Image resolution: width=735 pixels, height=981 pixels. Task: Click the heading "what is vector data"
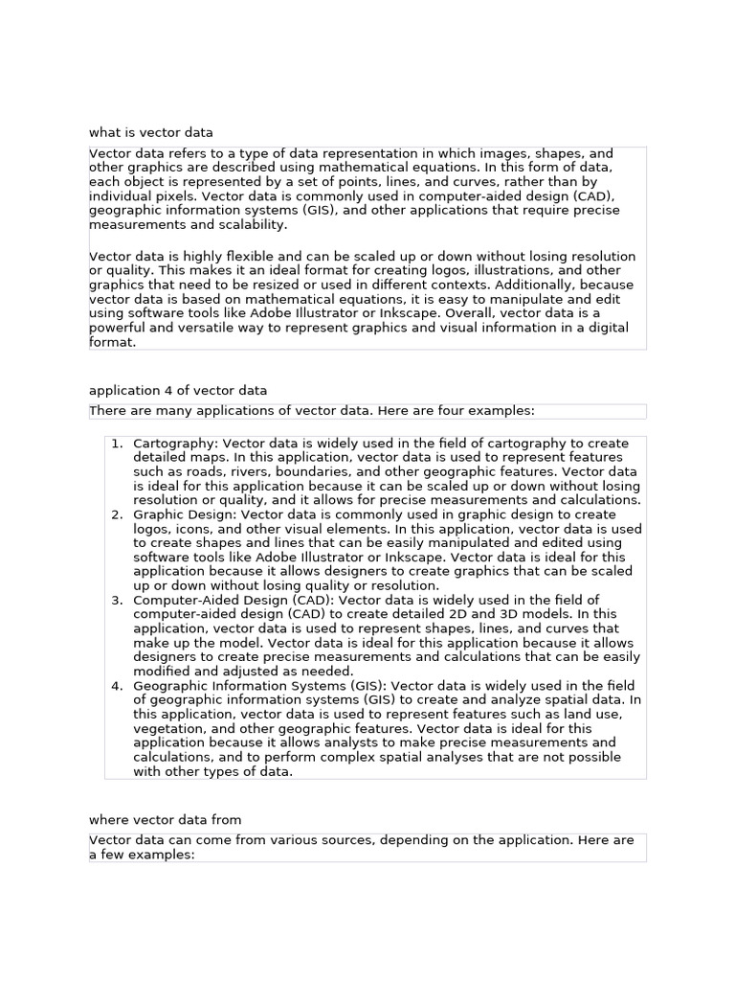[151, 132]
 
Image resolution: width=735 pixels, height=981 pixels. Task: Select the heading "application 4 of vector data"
[178, 390]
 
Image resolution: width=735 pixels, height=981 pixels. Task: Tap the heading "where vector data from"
[166, 819]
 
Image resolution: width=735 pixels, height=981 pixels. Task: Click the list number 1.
[117, 444]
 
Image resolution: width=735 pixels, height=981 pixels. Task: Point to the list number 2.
[117, 514]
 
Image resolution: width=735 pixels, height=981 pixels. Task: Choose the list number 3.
[117, 600]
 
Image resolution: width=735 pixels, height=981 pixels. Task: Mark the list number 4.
[117, 686]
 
